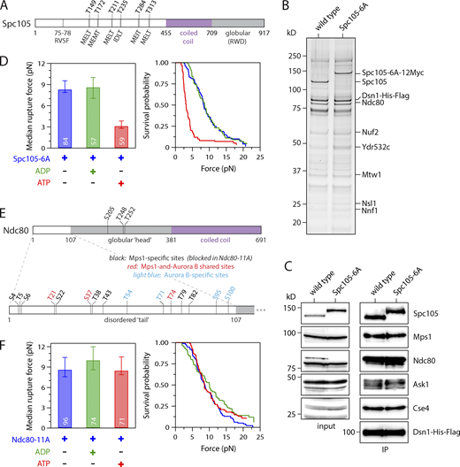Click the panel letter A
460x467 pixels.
click(6, 6)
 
